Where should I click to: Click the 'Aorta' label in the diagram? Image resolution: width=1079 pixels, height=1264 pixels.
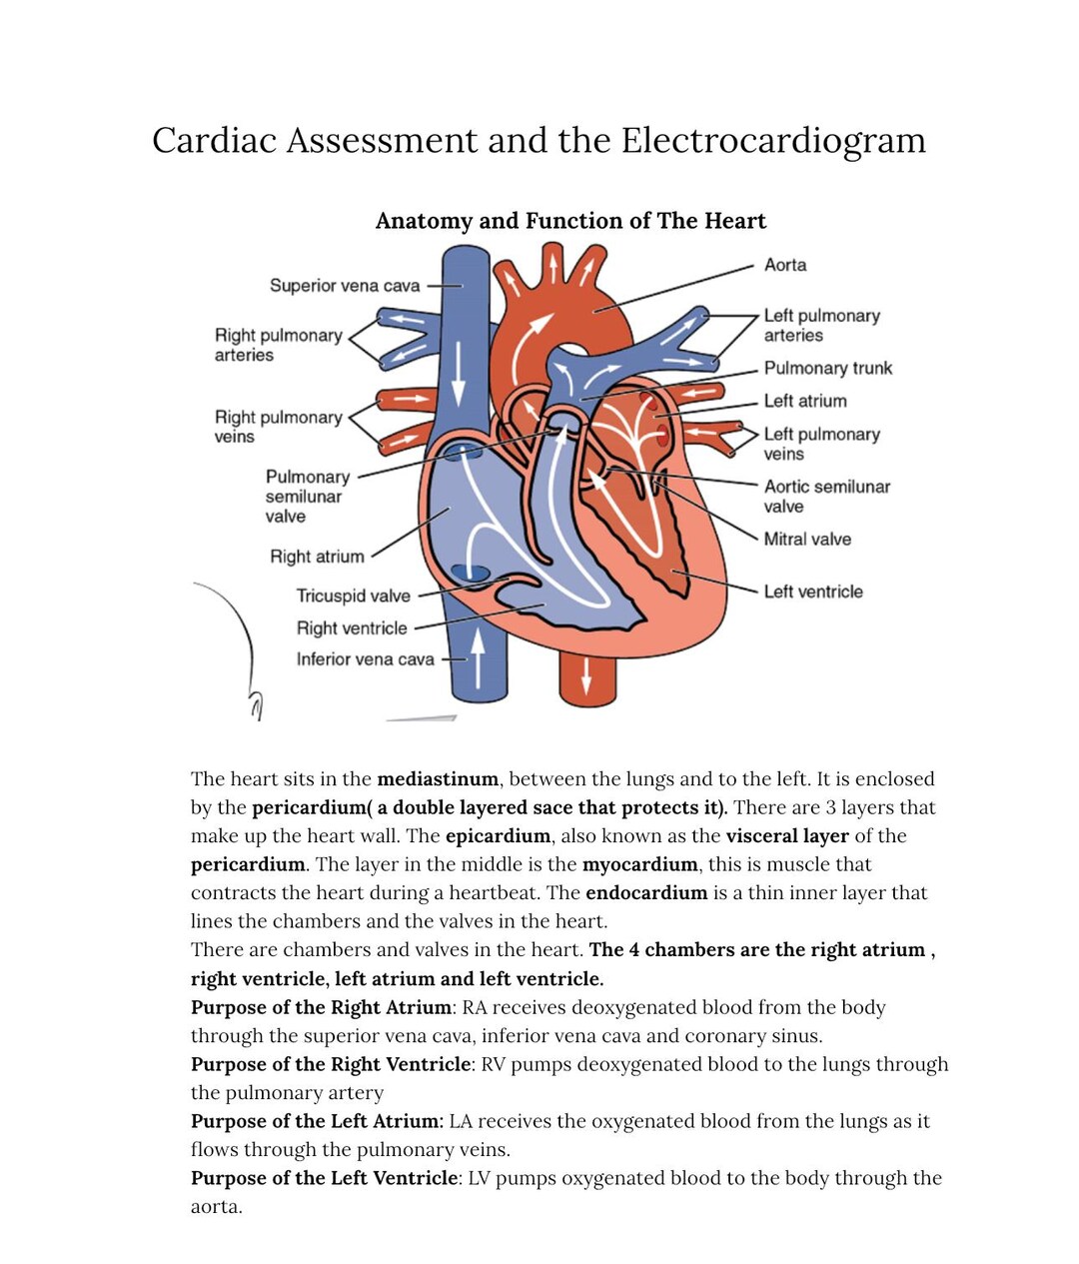pyautogui.click(x=784, y=265)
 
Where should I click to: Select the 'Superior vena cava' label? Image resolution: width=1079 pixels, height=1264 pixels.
pyautogui.click(x=345, y=286)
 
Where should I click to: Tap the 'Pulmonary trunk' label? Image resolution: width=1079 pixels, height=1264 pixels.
pyautogui.click(x=827, y=368)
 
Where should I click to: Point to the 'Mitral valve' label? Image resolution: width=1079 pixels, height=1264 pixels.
pyautogui.click(x=807, y=540)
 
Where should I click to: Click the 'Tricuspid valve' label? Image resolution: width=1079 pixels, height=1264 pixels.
pyautogui.click(x=353, y=596)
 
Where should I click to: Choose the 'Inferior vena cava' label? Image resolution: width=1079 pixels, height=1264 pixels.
pyautogui.click(x=365, y=659)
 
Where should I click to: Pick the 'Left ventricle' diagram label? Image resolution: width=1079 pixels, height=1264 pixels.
pyautogui.click(x=812, y=592)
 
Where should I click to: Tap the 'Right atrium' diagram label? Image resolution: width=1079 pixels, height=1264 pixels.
pyautogui.click(x=317, y=557)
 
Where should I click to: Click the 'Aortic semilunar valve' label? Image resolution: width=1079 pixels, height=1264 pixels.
pyautogui.click(x=826, y=497)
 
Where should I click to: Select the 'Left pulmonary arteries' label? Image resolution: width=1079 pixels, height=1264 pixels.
pyautogui.click(x=821, y=326)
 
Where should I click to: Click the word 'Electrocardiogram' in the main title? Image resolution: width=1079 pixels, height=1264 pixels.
pyautogui.click(x=773, y=140)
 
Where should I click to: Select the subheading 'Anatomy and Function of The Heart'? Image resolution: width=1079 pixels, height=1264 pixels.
pyautogui.click(x=570, y=221)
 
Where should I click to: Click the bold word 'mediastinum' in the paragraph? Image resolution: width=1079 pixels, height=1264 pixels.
pyautogui.click(x=437, y=779)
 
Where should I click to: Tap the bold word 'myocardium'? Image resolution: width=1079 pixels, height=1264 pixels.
pyautogui.click(x=639, y=864)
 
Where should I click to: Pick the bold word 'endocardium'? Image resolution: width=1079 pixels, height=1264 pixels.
pyautogui.click(x=645, y=893)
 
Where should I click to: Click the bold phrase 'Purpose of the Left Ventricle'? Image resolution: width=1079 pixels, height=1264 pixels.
pyautogui.click(x=324, y=1178)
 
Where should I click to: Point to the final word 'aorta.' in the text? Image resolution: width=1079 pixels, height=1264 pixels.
pyautogui.click(x=216, y=1207)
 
